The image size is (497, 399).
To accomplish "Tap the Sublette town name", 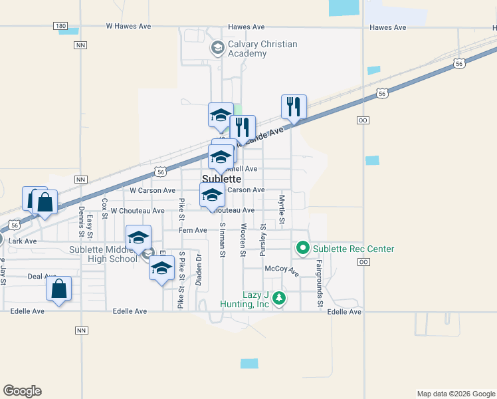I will point(221,179).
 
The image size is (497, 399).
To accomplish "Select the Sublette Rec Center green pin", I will point(303,249).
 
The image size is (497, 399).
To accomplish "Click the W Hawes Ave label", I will point(129,27).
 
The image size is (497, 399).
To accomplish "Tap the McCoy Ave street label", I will point(282,269).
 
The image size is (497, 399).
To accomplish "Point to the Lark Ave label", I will point(23,241).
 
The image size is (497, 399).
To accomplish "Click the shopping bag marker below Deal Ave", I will point(59,289).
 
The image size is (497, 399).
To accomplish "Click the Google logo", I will point(22,391).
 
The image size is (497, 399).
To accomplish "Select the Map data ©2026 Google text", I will point(455,394).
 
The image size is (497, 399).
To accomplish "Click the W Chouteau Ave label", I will point(138,211).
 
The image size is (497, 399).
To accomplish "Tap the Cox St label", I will point(105,208).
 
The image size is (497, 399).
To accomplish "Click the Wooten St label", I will point(243,240).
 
